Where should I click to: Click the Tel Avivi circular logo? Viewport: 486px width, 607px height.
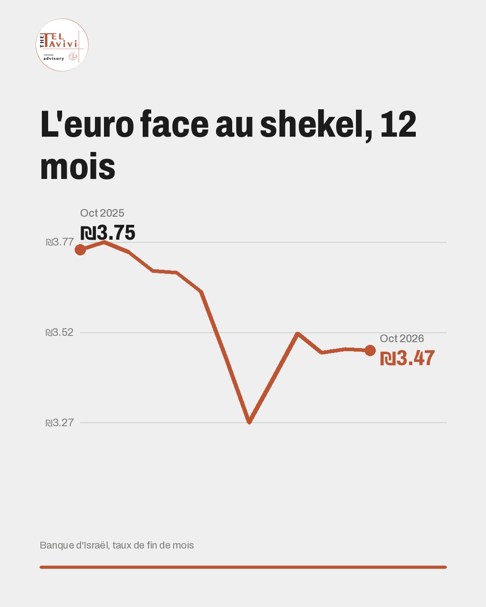[x=62, y=45]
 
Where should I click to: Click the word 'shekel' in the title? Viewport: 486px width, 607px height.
[x=315, y=125]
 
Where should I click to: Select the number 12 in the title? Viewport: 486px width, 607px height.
[x=398, y=125]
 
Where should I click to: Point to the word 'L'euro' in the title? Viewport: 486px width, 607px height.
[x=87, y=125]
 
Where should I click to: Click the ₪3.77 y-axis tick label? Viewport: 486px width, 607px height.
[x=60, y=242]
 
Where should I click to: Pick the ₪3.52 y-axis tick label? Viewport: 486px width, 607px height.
[x=59, y=332]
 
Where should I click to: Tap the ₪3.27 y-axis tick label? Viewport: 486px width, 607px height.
[x=59, y=423]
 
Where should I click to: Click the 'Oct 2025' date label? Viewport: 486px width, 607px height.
[x=102, y=213]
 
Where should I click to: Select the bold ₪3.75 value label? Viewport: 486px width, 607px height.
[x=108, y=233]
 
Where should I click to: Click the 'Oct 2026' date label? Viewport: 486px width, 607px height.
[x=402, y=339]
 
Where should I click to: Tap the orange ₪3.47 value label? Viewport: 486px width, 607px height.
[x=407, y=358]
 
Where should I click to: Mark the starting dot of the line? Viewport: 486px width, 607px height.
[x=80, y=250]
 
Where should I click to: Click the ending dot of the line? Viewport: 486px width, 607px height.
[x=370, y=351]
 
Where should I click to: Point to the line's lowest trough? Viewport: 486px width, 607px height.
[x=249, y=422]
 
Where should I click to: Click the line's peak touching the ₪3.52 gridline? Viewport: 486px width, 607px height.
[x=297, y=334]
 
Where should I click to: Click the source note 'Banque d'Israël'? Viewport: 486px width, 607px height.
[x=74, y=545]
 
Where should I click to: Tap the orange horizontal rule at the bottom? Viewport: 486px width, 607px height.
[x=243, y=567]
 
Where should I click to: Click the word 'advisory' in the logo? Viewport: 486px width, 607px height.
[x=54, y=58]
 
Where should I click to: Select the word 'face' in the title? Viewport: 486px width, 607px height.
[x=175, y=125]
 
